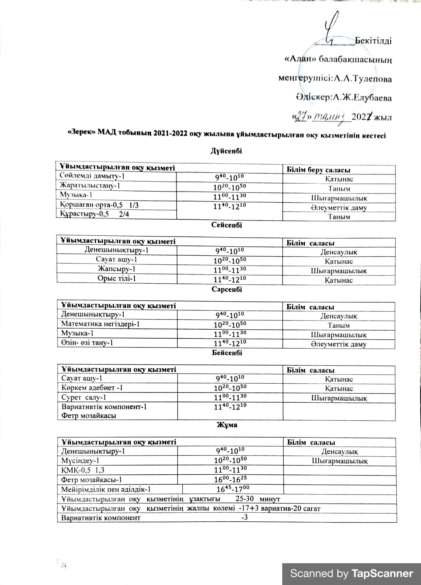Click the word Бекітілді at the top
pos(373,41)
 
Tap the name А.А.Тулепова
pos(363,79)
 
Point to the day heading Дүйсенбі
pos(226,151)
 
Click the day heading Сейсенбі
pos(226,225)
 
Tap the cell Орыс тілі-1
pos(117,278)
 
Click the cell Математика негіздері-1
pos(100,324)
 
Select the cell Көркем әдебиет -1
pos(92,388)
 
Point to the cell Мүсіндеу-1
pos(80,460)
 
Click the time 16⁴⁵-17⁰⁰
pos(233,489)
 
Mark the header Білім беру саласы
pos(318,170)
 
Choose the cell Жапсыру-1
pos(117,269)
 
